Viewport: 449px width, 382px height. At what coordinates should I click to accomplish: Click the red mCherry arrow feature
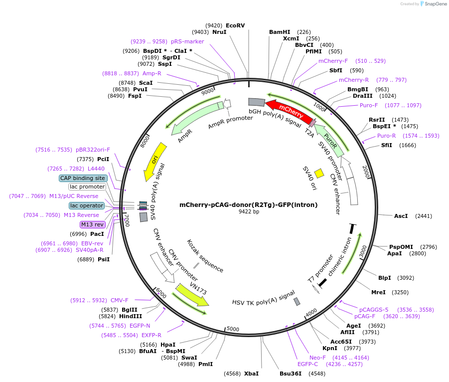point(288,109)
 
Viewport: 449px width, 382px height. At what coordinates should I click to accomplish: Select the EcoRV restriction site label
point(235,25)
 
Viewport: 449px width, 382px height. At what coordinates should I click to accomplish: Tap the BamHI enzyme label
point(280,32)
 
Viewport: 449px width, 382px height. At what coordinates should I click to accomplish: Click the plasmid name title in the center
point(248,204)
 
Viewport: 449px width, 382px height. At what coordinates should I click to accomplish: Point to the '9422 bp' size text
point(248,211)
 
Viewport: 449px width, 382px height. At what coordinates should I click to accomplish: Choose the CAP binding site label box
point(82,178)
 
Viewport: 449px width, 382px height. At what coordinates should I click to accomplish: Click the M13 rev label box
point(92,224)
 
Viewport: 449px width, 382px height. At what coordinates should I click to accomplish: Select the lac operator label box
point(87,205)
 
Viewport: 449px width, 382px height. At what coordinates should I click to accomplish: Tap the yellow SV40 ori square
point(319,173)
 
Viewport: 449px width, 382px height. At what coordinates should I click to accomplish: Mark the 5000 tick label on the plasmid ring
point(233,329)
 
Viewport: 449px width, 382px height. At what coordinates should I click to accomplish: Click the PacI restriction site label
point(97,234)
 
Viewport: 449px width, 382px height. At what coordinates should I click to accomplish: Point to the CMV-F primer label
point(119,300)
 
